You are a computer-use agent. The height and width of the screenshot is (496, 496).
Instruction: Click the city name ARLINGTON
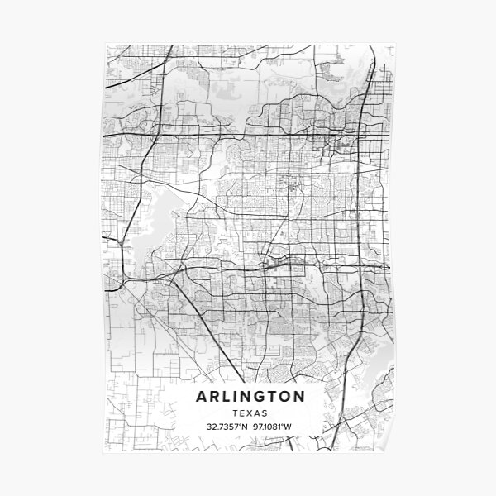click(250, 397)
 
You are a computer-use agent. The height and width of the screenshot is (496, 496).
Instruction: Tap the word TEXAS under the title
click(250, 413)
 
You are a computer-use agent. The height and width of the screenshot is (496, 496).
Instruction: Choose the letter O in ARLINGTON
click(284, 397)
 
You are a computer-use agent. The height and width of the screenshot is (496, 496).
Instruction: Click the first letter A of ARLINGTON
click(202, 397)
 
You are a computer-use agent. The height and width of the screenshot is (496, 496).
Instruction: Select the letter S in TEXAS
click(263, 413)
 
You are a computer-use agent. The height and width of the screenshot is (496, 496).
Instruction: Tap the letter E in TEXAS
click(243, 413)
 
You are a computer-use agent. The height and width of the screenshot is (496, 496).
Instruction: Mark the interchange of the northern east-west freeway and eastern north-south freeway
click(357, 132)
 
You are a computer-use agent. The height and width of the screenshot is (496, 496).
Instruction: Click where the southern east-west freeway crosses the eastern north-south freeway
click(356, 267)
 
